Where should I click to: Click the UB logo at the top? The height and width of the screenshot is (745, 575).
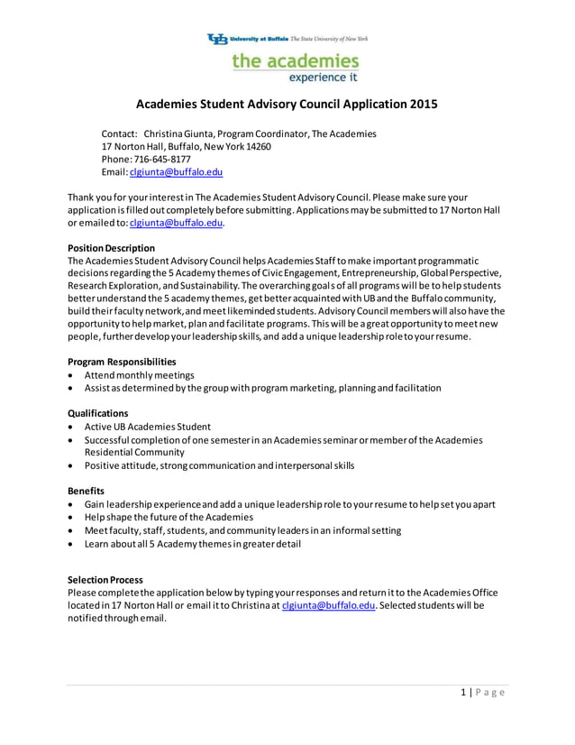[217, 39]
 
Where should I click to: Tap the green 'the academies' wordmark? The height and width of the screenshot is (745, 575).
[295, 60]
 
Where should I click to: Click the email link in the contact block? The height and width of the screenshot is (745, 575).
[176, 171]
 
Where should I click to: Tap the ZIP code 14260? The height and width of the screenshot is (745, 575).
[257, 146]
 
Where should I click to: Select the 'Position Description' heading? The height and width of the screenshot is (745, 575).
[111, 248]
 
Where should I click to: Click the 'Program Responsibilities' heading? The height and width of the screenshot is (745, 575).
[122, 362]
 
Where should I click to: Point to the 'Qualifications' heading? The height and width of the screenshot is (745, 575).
[97, 413]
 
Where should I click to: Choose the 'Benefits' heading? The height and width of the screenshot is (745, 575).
[86, 491]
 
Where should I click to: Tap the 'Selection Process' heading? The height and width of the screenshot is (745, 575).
[105, 580]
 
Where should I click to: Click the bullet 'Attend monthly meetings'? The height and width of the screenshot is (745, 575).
[139, 375]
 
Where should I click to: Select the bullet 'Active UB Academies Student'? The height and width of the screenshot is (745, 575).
[148, 427]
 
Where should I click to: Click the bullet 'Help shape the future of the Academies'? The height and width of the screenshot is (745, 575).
[169, 517]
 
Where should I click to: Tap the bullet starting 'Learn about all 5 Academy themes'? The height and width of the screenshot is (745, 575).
[192, 544]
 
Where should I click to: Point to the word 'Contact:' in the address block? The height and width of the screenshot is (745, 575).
[118, 133]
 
